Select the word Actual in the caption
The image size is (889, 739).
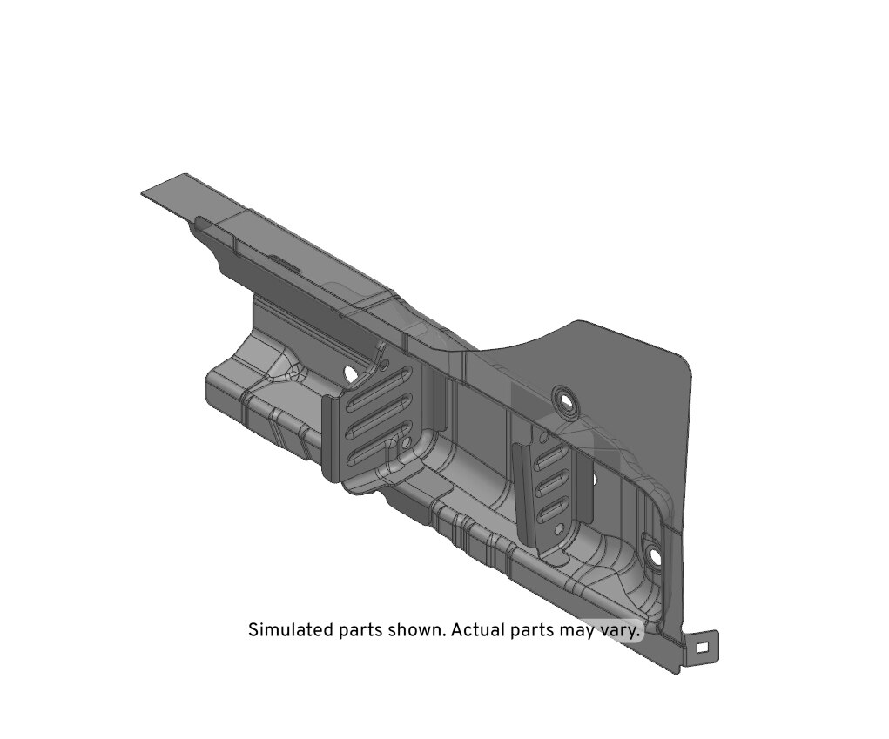click(477, 629)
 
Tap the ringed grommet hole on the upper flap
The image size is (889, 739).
click(565, 398)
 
